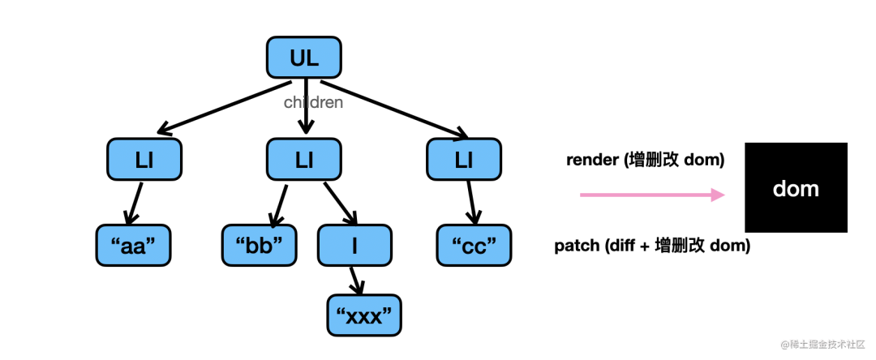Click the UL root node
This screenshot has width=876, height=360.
coord(304,58)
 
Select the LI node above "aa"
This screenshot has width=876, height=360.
coord(144,160)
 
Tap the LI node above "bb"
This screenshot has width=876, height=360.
coord(304,160)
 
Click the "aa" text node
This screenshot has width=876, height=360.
coord(134,245)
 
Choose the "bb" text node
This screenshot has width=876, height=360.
coord(260,245)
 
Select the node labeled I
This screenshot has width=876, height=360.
coord(354,245)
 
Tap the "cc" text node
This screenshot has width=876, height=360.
coord(474,245)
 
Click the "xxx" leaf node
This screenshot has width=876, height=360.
coord(364,315)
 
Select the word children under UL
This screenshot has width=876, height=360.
coord(313,103)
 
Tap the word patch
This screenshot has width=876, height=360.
coord(576,246)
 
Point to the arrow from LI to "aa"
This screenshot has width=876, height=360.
coord(133,202)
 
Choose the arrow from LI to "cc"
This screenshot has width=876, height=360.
coord(470,202)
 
